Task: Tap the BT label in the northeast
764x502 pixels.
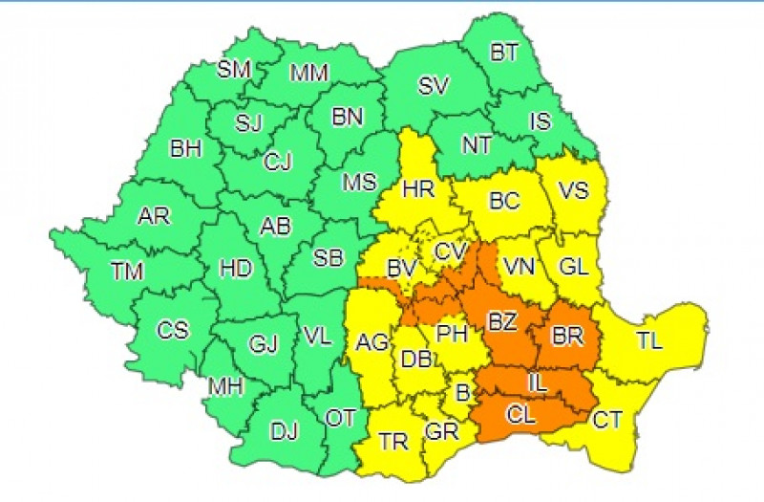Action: coord(504,55)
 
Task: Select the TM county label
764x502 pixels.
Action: coord(126,273)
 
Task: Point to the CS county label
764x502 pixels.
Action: coord(173,331)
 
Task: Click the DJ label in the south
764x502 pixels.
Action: coord(284,432)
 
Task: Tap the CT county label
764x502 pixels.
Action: coord(608,418)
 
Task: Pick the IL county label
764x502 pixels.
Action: coord(538,382)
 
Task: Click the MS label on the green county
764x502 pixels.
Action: coord(359,183)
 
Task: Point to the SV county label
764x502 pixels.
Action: coord(434,86)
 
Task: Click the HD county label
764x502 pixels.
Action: coord(235,270)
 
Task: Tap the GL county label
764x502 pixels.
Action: coord(574,270)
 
